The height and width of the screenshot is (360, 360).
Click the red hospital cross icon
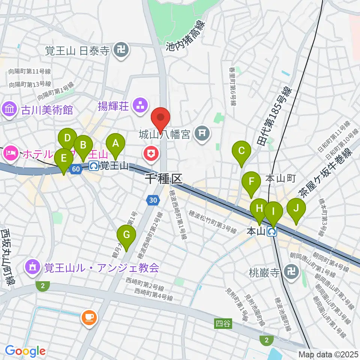(151, 153)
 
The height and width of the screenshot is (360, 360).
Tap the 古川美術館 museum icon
(9, 110)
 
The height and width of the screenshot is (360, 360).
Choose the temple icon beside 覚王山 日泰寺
(121, 50)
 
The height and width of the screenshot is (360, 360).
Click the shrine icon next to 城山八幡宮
(202, 133)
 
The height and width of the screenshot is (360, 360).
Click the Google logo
(25, 351)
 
